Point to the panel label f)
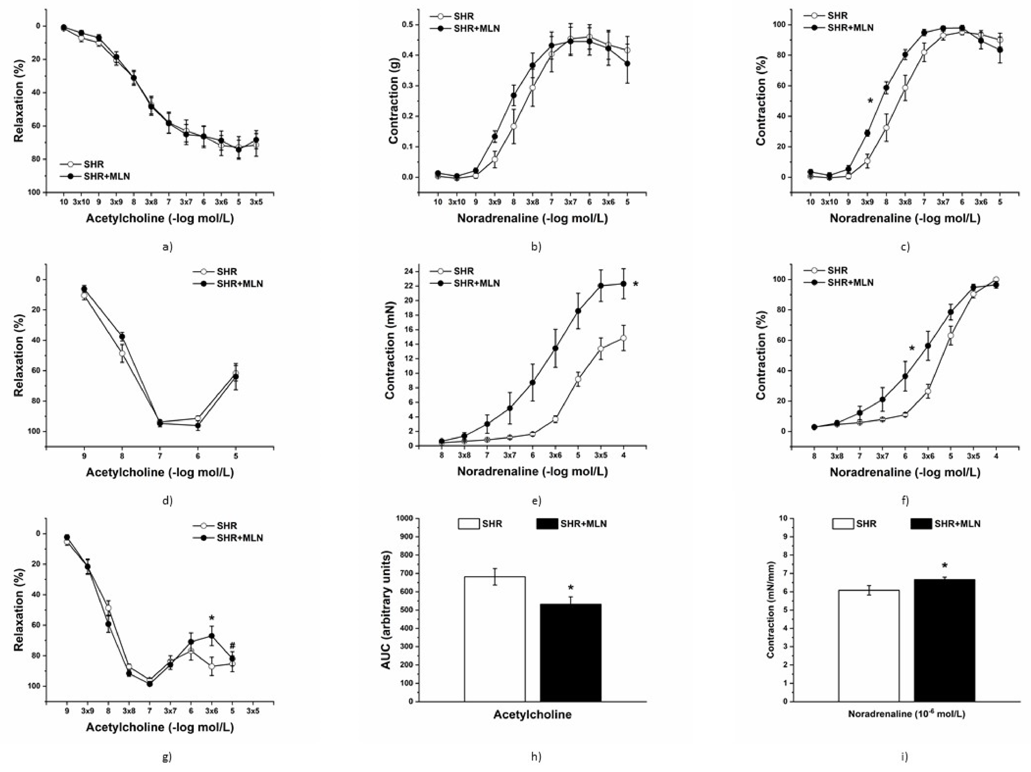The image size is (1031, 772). pyautogui.click(x=905, y=501)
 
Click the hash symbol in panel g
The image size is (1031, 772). pyautogui.click(x=232, y=646)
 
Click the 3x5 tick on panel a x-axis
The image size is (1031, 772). pyautogui.click(x=255, y=202)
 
